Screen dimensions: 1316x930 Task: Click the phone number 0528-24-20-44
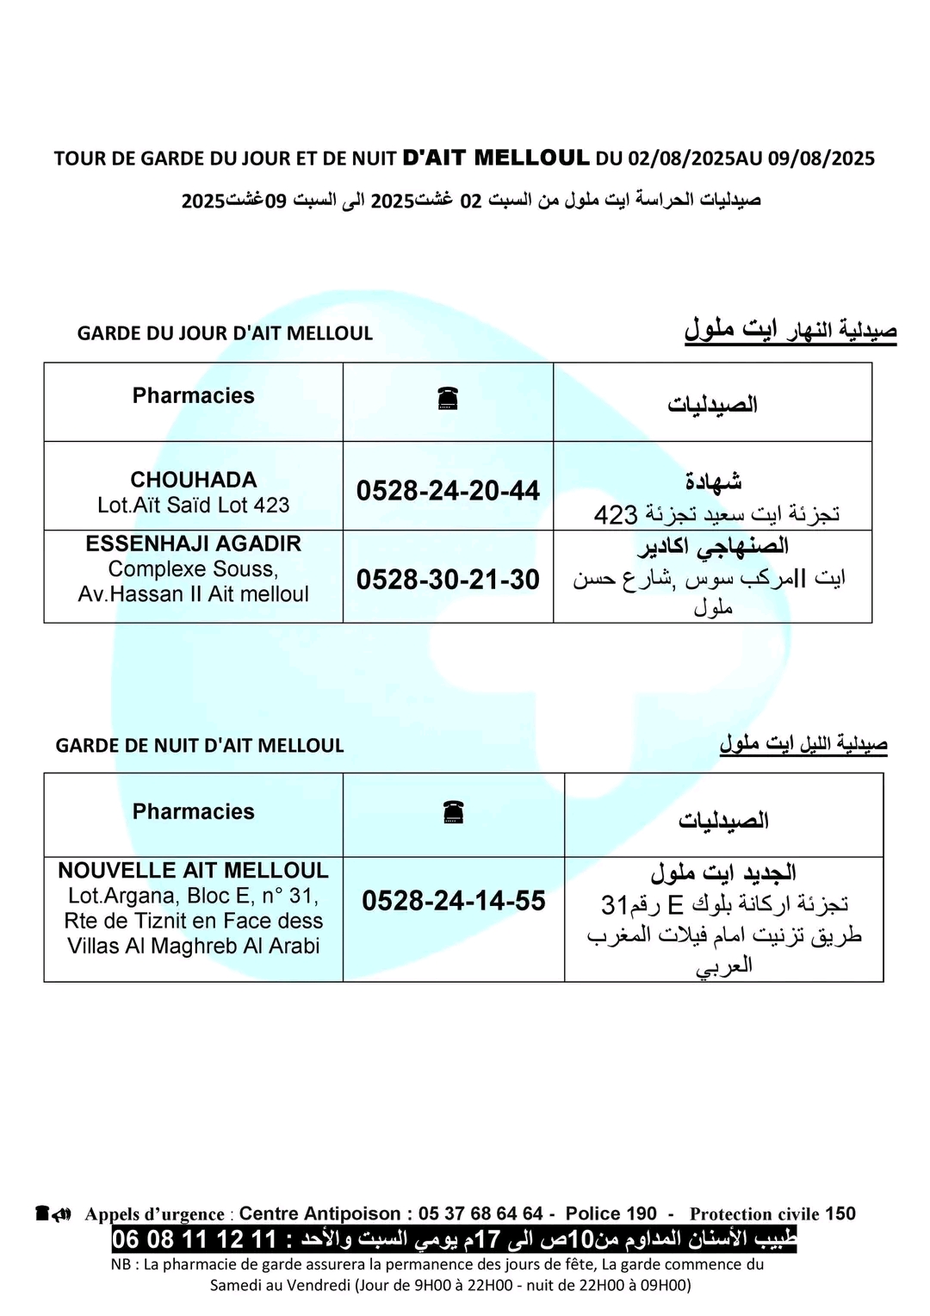(448, 491)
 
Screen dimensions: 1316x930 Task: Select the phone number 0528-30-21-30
(448, 580)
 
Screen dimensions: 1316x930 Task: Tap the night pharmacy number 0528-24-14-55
(454, 901)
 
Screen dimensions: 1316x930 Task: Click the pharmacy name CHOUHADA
(194, 480)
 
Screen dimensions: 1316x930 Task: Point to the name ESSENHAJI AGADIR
(194, 544)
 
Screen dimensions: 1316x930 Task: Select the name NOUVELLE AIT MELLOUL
(194, 871)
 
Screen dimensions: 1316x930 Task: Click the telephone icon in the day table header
(448, 398)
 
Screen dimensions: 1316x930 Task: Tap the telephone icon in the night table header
(454, 811)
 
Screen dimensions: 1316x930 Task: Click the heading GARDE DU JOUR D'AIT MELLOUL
(225, 333)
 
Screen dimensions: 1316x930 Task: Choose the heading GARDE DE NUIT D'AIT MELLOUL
(200, 746)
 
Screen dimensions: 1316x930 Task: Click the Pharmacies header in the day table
(194, 396)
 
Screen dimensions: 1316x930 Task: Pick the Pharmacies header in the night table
(194, 812)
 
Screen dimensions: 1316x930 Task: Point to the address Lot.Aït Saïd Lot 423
(194, 506)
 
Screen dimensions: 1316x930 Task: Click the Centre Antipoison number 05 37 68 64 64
(480, 1214)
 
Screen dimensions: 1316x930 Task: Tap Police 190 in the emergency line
(611, 1214)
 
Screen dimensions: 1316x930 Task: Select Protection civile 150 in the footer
(772, 1214)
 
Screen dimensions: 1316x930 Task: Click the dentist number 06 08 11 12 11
(194, 1240)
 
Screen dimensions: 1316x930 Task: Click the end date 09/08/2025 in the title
(821, 158)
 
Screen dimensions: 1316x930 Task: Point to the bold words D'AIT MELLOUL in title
(496, 158)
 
